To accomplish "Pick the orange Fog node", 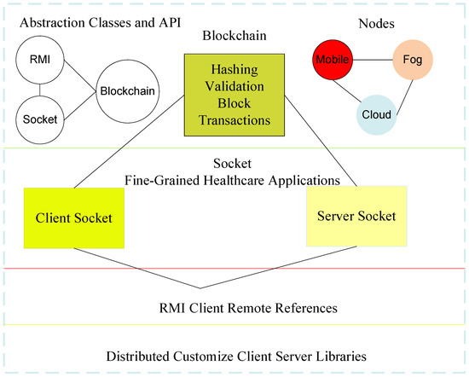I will point(414,61).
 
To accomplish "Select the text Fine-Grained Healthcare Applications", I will point(233,180).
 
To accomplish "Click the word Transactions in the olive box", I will point(228,120).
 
